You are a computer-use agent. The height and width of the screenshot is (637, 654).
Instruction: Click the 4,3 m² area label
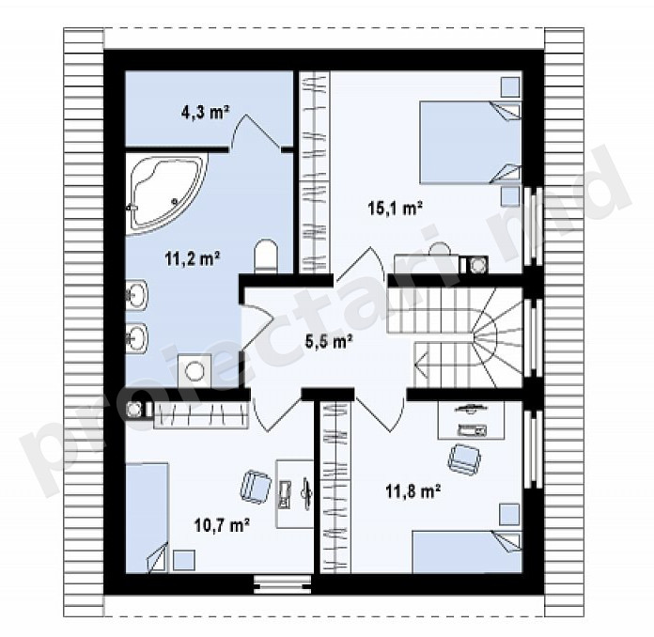(205, 113)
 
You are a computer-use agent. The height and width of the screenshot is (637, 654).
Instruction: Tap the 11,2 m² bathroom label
(193, 259)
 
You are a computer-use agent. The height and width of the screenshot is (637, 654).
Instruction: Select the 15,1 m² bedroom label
(396, 208)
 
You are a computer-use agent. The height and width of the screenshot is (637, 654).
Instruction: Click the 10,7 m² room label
(223, 524)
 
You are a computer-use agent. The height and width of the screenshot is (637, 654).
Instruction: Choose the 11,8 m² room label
(413, 491)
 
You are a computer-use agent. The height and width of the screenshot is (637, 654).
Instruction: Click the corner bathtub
(166, 193)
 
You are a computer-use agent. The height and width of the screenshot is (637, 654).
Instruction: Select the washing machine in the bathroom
(194, 371)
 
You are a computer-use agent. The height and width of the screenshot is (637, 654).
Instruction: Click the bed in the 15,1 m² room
(470, 142)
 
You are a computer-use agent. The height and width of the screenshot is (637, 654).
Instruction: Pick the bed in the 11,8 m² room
(467, 552)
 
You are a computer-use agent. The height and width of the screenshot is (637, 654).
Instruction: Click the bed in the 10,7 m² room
(147, 518)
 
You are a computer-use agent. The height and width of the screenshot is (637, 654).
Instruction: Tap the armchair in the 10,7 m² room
(256, 485)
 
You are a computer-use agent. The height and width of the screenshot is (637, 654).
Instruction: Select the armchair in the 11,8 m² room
(464, 459)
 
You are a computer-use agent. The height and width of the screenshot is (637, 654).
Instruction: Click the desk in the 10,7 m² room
(294, 494)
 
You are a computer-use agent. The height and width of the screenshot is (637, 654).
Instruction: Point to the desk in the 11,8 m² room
(471, 420)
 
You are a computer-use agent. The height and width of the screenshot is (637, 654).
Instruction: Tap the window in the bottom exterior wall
(283, 583)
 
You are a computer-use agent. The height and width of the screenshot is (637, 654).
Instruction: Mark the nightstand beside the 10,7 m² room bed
(184, 561)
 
